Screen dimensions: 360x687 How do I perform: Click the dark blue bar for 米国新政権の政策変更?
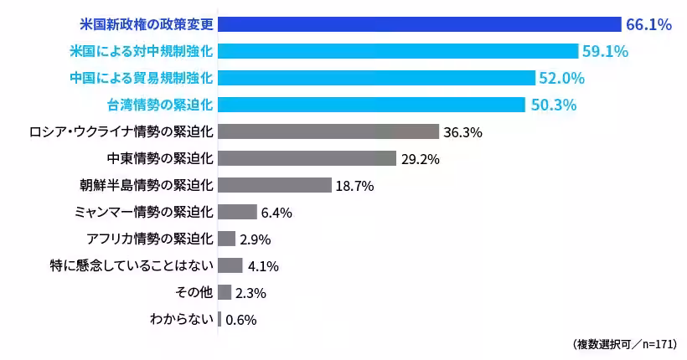[419, 24]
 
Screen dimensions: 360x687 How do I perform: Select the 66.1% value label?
[648, 25]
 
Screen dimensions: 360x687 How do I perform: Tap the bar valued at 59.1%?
[398, 51]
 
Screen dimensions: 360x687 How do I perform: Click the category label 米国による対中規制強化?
[142, 51]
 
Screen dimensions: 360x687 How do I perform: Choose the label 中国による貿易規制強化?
[142, 78]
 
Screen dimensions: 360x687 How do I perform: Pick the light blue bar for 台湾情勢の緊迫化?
[371, 105]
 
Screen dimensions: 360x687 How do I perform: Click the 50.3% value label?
[553, 105]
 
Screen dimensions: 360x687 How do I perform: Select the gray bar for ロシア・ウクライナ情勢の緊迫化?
[328, 131]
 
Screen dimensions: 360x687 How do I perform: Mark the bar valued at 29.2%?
[307, 158]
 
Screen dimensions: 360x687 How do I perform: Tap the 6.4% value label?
[276, 213]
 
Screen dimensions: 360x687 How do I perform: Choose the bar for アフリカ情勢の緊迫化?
[226, 239]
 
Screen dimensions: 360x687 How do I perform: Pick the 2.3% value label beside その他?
[251, 293]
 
